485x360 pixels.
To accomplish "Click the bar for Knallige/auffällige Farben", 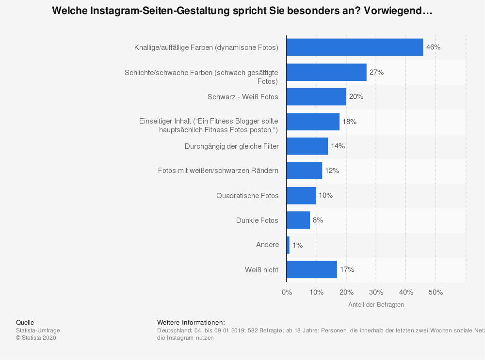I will coord(355,47).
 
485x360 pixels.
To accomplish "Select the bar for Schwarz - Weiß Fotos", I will coord(316,97).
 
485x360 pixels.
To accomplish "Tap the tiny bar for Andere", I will coord(288,245).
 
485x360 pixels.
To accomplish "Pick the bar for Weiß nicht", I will coord(312,269).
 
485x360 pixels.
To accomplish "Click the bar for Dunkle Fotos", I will coord(298,220).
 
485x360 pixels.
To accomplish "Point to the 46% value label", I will coord(433,47).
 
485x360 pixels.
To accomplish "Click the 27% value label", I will coord(376,72).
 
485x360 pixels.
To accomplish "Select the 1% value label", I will coord(297,245).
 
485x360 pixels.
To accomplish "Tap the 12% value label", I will coord(332,171).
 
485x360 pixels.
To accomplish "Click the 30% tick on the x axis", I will coord(376,292).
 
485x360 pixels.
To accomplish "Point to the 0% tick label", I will coord(287,292).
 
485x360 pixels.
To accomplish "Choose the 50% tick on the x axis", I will coord(436,292).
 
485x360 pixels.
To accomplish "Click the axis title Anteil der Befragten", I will coord(376,305).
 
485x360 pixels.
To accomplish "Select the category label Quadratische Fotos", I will coord(247,196).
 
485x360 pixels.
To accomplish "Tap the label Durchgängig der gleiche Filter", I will coord(232,146).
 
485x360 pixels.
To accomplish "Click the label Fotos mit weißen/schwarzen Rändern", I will coord(218,171).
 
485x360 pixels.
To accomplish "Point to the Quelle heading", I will coord(25,323).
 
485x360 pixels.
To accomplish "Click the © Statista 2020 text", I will coord(36,338).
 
